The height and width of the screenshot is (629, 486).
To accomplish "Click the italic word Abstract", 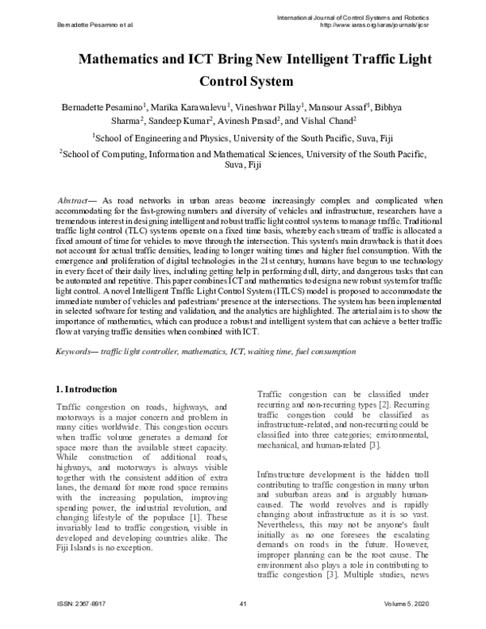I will coord(79,199).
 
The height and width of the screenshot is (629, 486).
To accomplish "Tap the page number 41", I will coord(242,603).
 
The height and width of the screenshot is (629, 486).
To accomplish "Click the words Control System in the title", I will coord(242,82).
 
